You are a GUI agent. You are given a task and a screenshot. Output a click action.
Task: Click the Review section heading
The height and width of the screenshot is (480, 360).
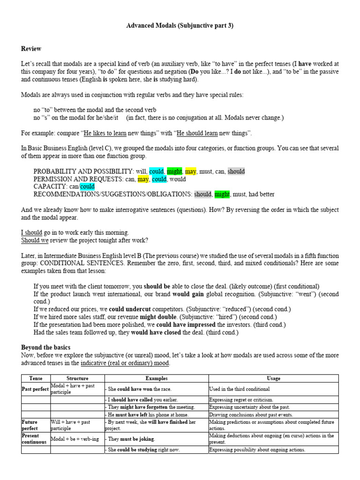pos(31,49)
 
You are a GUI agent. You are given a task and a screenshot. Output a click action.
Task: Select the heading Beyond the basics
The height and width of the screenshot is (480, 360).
pos(45,347)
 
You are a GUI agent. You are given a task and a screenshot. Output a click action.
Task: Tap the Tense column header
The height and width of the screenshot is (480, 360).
pos(36,378)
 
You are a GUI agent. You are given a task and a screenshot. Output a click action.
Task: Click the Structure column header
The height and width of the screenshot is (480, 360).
pos(77,378)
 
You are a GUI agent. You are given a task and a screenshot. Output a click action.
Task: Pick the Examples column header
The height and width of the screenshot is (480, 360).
pos(157,378)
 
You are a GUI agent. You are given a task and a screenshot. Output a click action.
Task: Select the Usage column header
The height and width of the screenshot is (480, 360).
pos(273,378)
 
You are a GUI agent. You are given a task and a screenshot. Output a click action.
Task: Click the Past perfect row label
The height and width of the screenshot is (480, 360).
pos(36,389)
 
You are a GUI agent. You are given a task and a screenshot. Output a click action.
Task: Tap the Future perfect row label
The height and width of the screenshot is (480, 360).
pos(31,425)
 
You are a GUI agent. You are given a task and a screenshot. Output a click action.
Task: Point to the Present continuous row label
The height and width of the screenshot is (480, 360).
pos(34,439)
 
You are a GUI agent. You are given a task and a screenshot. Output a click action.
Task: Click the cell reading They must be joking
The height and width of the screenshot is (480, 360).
pos(131,439)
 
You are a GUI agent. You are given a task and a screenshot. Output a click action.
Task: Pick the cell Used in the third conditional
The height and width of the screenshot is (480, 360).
pos(239,389)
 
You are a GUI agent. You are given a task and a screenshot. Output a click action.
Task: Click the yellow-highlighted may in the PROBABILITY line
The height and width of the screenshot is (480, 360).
pos(190,172)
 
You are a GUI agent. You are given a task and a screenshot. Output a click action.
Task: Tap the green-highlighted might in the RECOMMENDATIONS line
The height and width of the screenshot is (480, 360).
pos(221,194)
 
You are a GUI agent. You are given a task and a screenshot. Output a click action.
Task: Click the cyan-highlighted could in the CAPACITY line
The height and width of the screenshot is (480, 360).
pos(87,187)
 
